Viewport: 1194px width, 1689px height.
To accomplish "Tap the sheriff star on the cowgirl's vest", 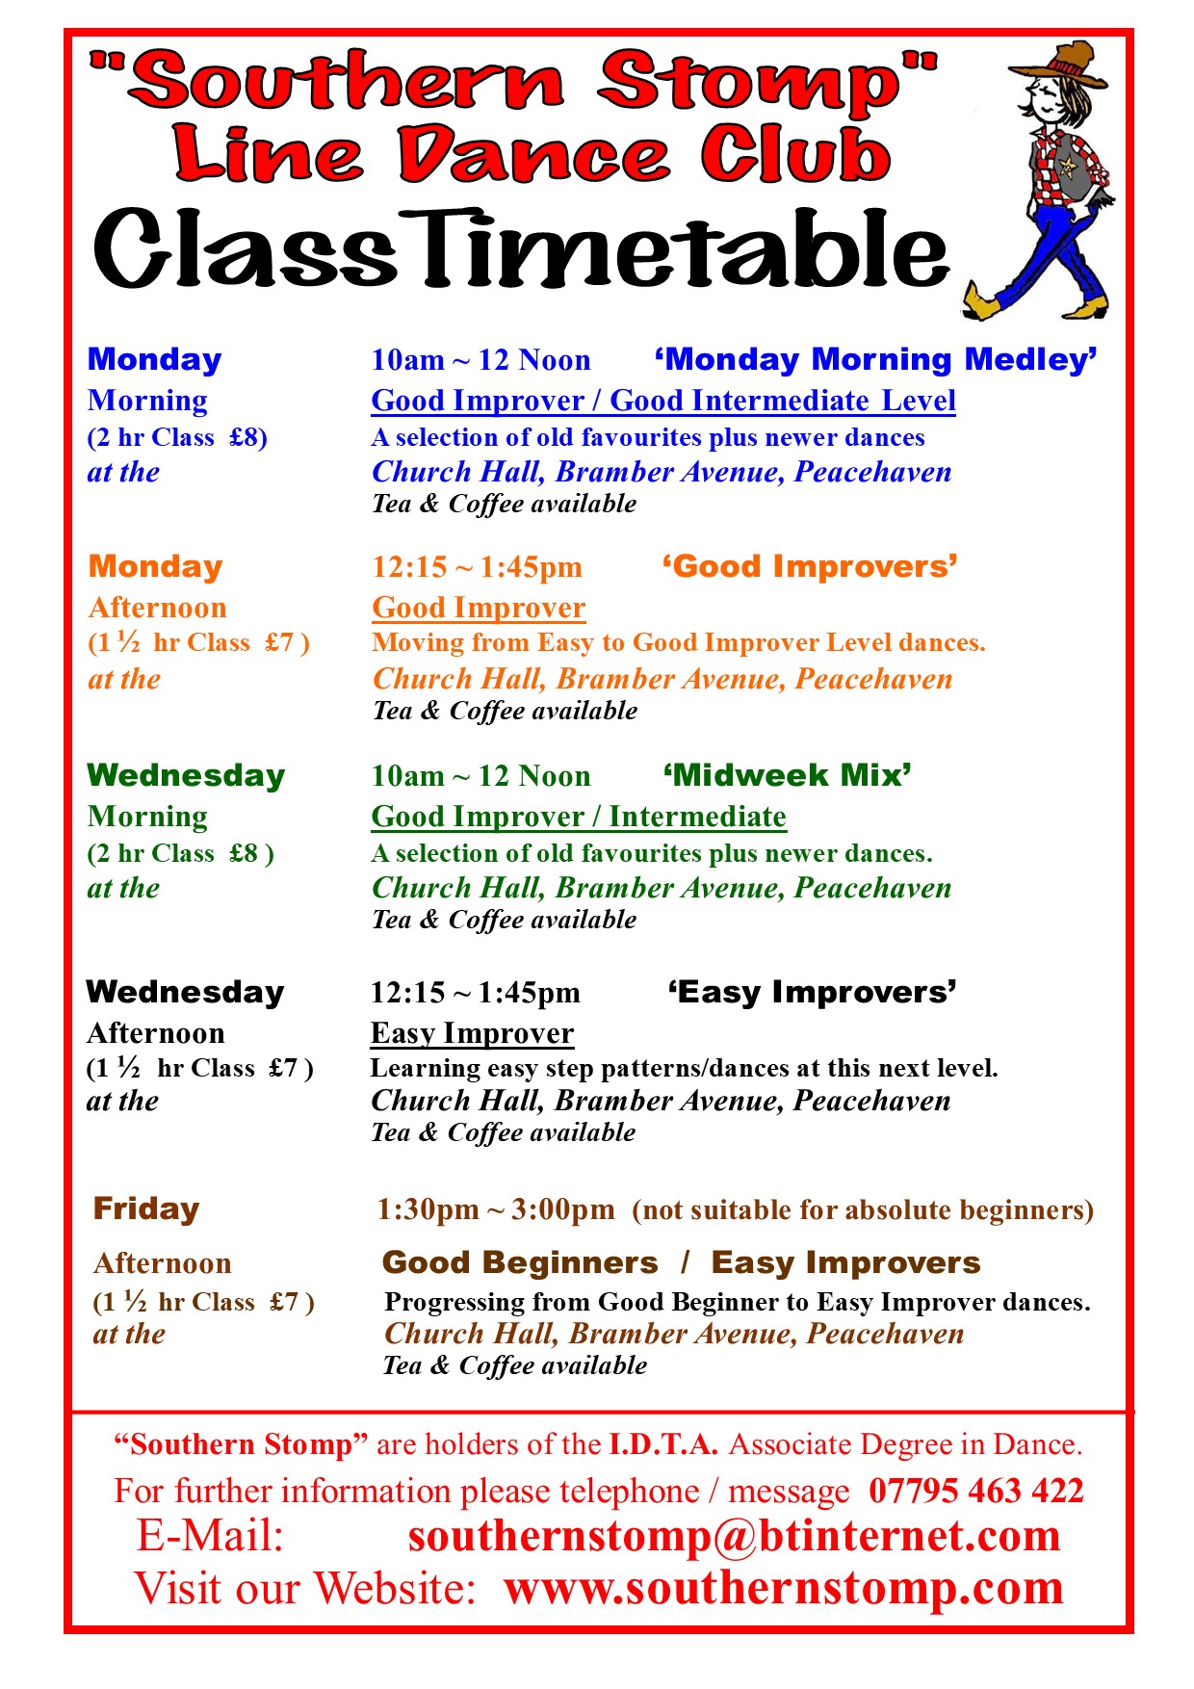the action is (x=1068, y=167).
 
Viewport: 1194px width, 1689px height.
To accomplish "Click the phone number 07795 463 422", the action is (x=976, y=1491).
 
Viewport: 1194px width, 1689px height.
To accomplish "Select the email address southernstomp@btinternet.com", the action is (x=734, y=1536).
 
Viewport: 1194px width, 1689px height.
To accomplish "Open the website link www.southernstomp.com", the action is (x=784, y=1588).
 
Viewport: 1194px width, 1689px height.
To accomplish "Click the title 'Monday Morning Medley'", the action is (x=876, y=360).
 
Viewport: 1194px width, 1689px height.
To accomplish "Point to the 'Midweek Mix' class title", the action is (x=788, y=775).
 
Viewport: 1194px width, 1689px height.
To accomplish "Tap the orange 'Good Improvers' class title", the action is (x=810, y=566).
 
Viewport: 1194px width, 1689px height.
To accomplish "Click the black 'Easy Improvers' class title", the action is (x=813, y=992).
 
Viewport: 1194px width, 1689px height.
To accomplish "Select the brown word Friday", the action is (x=146, y=1208).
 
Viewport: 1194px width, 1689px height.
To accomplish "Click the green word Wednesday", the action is (x=186, y=775).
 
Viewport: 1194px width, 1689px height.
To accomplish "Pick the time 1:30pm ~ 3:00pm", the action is (x=496, y=1209).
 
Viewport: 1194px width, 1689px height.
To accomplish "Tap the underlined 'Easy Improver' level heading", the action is (x=473, y=1033).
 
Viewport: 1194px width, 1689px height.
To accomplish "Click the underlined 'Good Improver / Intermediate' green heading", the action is (x=579, y=817).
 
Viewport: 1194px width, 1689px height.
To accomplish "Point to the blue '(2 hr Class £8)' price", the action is (x=177, y=438).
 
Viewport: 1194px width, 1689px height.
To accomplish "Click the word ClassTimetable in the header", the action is (x=521, y=248).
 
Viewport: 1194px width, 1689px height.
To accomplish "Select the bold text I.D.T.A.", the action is (x=663, y=1444).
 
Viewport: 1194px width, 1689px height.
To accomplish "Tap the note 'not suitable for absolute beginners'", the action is (x=863, y=1210).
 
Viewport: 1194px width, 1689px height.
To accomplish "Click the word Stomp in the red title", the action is (x=767, y=82).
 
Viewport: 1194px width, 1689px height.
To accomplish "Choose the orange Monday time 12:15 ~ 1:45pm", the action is (x=478, y=567).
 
